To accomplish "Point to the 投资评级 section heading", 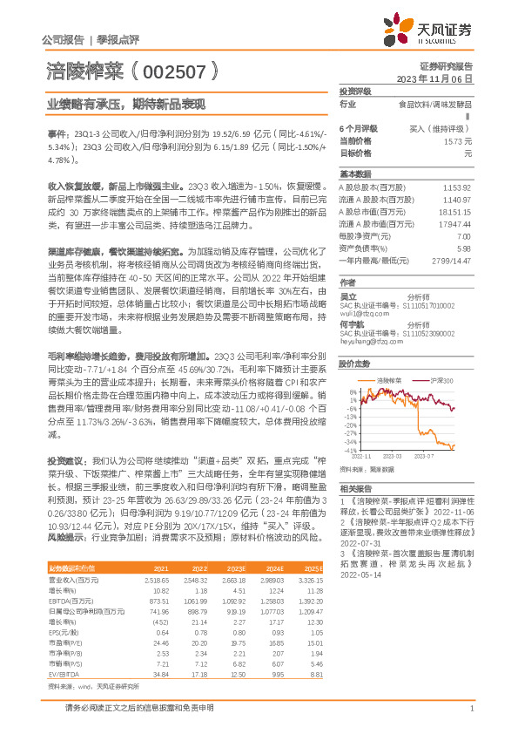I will [x=355, y=91].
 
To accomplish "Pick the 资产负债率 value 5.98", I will [x=463, y=248].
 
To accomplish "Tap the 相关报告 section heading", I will [x=355, y=488].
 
